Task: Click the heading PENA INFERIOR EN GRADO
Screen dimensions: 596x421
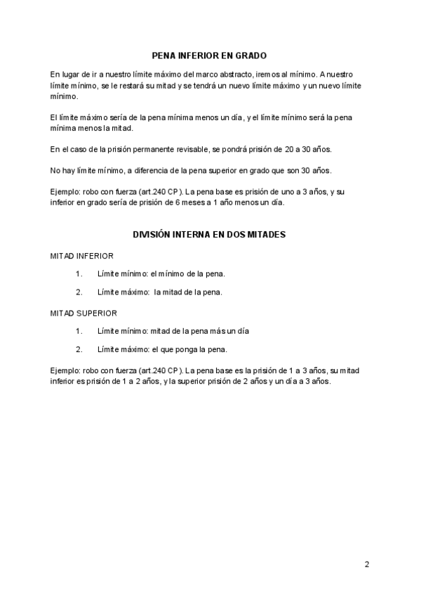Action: point(210,55)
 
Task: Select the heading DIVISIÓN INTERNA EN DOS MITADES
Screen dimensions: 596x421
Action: point(210,235)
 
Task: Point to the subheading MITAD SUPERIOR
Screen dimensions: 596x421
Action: point(83,313)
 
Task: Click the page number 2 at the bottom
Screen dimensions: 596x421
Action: point(366,564)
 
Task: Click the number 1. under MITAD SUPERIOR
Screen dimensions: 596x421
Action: point(79,330)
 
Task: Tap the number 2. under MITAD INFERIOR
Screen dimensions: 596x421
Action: point(79,292)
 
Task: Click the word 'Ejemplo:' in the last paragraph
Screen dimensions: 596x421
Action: point(65,370)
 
